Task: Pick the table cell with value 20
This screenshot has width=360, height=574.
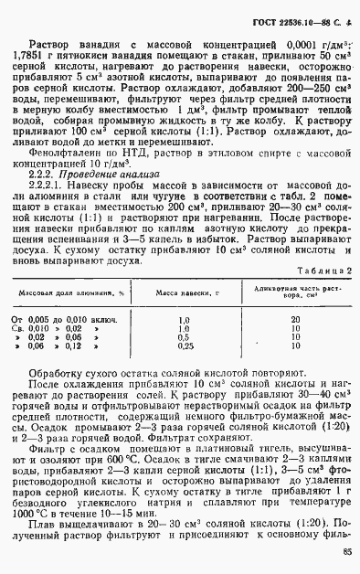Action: (x=294, y=320)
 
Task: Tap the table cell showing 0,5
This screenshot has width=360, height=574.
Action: (x=185, y=337)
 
